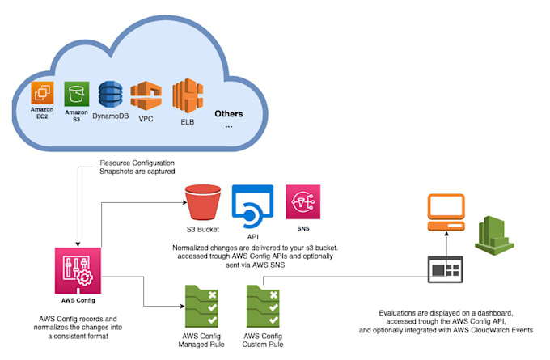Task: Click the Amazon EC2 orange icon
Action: [x=41, y=92]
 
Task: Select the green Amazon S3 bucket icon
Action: [x=76, y=92]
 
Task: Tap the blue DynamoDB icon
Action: [x=110, y=94]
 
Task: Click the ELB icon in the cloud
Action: [x=188, y=97]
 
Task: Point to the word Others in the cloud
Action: [x=228, y=113]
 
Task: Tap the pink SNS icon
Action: [x=302, y=202]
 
